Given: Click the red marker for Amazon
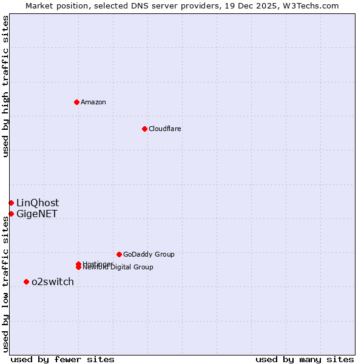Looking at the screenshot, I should click(x=76, y=102).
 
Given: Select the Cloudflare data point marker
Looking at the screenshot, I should click(x=144, y=129).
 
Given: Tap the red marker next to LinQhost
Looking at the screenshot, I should click(x=11, y=203).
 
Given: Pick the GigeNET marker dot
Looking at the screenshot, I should click(x=11, y=214).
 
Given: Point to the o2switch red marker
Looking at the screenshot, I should click(x=26, y=281).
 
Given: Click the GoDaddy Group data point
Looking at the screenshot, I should click(x=119, y=254).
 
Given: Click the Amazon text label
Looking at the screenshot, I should click(x=93, y=102).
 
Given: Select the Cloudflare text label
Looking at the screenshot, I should click(x=164, y=129).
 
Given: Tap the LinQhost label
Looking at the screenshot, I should click(x=38, y=203).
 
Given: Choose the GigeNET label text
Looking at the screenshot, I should click(x=37, y=214).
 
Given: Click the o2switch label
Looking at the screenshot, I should click(x=53, y=281).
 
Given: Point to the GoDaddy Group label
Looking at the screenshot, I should click(x=149, y=254).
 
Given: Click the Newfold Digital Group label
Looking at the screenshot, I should click(x=118, y=268).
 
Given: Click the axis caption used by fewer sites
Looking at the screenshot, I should click(x=62, y=359).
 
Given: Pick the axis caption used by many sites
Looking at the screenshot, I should click(x=305, y=359).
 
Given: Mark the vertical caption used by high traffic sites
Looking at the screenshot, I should click(x=5, y=86).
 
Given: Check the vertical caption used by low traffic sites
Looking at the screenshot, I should click(x=5, y=282).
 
